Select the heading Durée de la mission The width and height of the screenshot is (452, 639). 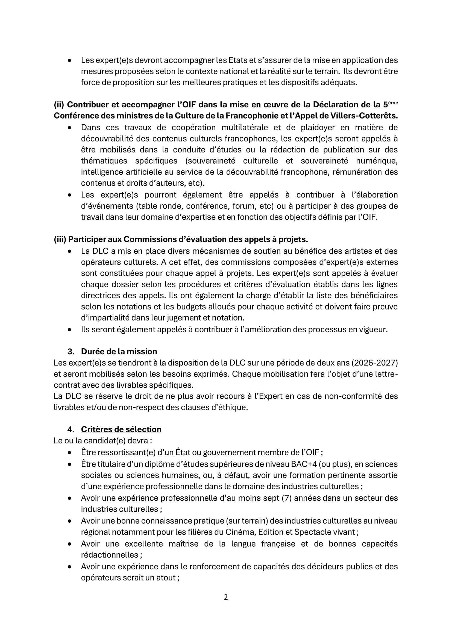tap(119, 352)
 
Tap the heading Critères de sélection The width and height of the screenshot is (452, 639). tap(121, 429)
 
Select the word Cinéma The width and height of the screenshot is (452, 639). tap(242, 532)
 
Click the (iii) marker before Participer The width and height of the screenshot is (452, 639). tap(60, 239)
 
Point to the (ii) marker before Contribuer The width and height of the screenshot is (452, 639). tap(59, 105)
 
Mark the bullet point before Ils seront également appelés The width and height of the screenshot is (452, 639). tap(69, 330)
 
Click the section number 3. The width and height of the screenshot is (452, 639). tap(71, 352)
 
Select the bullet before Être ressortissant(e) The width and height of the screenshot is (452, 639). tap(69, 452)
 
